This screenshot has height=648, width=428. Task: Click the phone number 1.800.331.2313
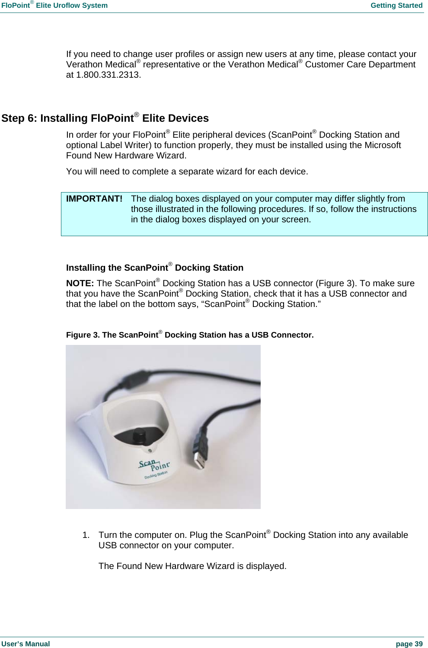(x=108, y=75)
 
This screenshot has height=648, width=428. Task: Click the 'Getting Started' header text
(x=396, y=6)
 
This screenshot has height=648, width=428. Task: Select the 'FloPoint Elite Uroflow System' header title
(x=54, y=6)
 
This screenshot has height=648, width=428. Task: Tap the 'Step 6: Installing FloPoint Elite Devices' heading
(x=105, y=118)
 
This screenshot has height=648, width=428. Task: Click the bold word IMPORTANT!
(x=94, y=199)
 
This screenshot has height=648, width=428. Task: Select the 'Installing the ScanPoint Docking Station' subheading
(x=154, y=268)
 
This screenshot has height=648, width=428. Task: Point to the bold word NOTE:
(x=80, y=284)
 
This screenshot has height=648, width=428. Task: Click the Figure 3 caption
(x=189, y=335)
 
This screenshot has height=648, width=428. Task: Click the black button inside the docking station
(x=139, y=435)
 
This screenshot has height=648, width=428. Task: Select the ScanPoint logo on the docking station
(x=154, y=465)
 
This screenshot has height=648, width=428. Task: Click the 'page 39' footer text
(x=409, y=644)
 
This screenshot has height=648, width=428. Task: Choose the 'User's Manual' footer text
(x=26, y=644)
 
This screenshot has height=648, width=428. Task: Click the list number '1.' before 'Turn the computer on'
(x=86, y=535)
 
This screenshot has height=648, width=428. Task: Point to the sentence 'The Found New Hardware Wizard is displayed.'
(x=192, y=566)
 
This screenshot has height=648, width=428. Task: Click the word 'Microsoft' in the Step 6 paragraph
(x=383, y=145)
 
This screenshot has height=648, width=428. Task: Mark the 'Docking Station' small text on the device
(x=156, y=475)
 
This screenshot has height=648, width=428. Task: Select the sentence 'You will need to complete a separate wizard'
(x=187, y=172)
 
